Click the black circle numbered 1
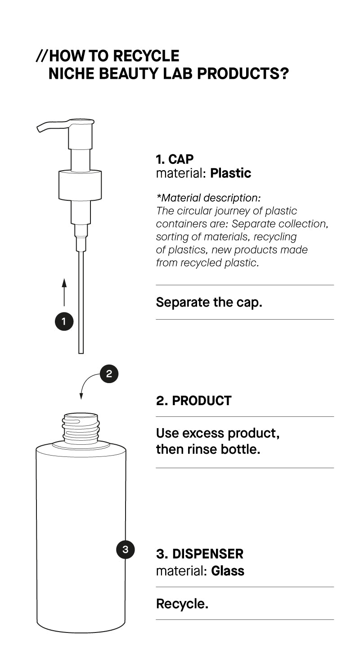[x=64, y=321]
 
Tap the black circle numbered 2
[x=109, y=374]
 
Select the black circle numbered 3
[x=125, y=549]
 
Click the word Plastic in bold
[x=230, y=173]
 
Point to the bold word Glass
[x=228, y=571]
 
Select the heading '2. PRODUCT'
[x=193, y=401]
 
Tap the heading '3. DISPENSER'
[x=199, y=554]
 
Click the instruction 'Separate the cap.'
[x=209, y=302]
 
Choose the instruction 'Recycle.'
[x=182, y=604]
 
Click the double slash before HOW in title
[x=41, y=56]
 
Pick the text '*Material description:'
[x=208, y=198]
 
